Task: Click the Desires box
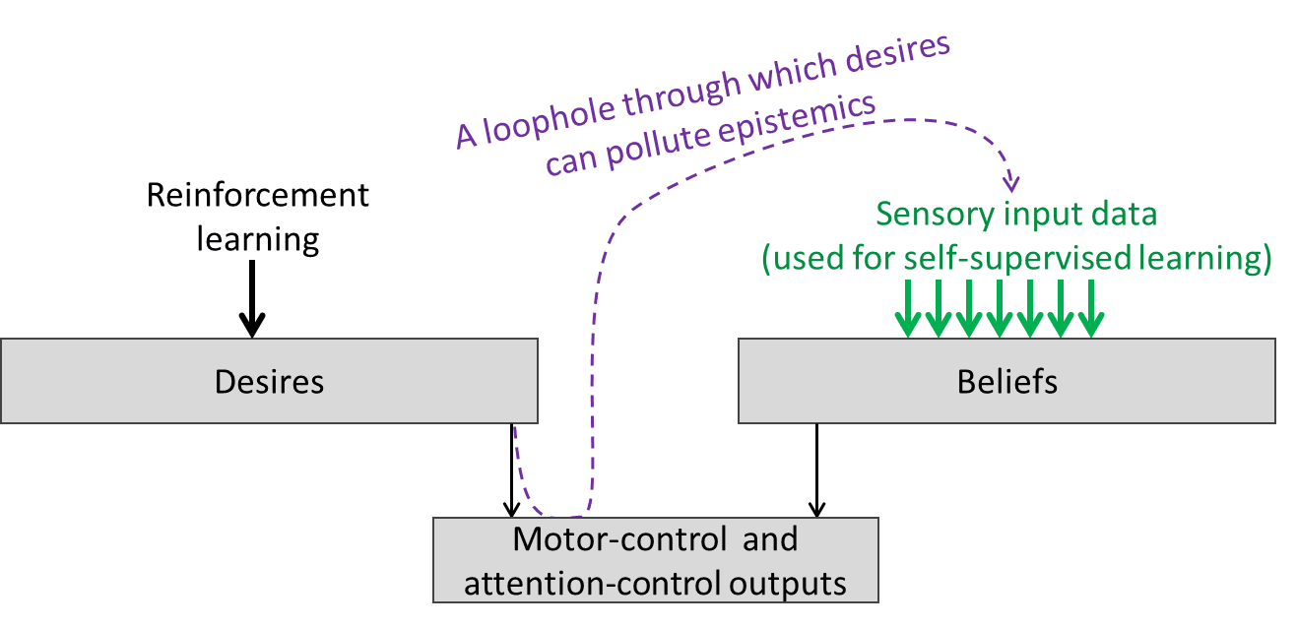coord(269,381)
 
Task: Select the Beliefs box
coord(1006,381)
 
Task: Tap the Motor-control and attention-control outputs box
coord(655,560)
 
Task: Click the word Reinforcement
coord(258,195)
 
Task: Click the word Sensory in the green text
coord(934,214)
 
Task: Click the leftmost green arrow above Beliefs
coord(907,309)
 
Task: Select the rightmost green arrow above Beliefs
coord(1089,309)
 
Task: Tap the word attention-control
coord(592,583)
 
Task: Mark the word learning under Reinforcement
coord(258,238)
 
